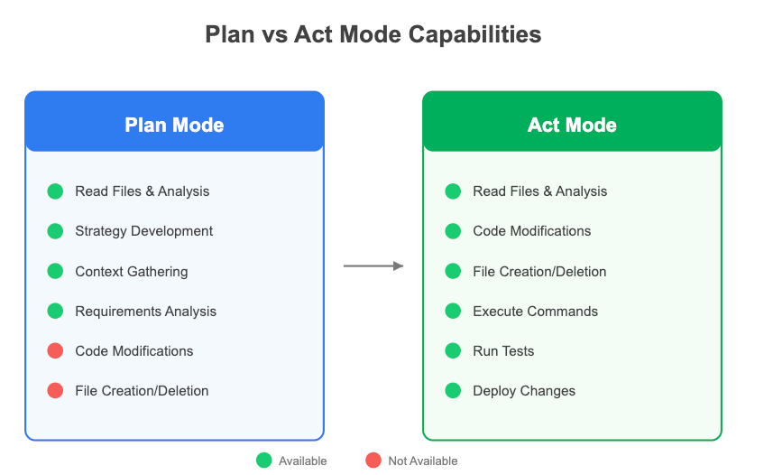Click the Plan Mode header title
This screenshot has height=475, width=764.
174,126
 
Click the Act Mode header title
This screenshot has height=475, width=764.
572,126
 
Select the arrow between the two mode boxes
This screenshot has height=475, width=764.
373,265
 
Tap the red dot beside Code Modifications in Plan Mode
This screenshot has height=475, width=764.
55,350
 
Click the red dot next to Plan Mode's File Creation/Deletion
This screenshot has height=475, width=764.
55,391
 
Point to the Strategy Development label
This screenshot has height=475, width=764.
143,231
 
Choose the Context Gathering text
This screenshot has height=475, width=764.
132,272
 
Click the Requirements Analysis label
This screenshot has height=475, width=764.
146,312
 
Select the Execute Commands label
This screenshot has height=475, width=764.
535,312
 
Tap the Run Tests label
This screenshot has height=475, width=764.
503,351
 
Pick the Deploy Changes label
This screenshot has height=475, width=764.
524,391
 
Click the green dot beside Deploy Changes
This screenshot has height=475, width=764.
453,391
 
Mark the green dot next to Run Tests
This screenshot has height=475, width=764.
453,350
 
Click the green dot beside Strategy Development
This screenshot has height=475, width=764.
55,231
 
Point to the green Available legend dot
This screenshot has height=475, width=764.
264,461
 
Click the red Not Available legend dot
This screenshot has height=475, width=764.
373,461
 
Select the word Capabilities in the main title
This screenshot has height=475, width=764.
474,35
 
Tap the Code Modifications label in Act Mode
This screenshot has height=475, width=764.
531,231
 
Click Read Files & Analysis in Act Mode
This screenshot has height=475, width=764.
540,191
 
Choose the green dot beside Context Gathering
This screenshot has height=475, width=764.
55,271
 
